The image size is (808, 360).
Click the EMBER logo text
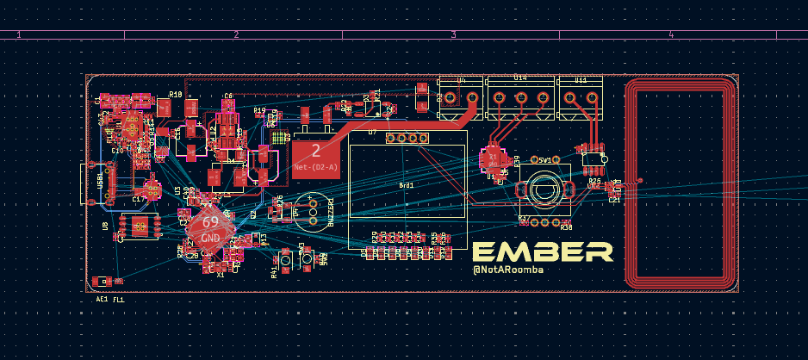542,251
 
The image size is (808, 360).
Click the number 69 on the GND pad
210,222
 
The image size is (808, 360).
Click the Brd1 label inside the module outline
407,185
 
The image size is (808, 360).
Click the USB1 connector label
100,181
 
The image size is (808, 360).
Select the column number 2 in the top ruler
235,34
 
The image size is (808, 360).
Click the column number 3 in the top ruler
453,34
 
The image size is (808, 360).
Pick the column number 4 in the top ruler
670,34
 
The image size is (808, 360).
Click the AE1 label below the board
102,299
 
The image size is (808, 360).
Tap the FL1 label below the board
119,299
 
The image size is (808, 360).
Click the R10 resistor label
176,95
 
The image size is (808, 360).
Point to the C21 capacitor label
614,200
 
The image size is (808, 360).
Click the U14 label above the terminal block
520,78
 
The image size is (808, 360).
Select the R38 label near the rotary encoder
566,227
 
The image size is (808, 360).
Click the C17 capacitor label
138,199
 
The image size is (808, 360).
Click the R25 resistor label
594,182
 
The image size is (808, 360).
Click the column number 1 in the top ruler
19,34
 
